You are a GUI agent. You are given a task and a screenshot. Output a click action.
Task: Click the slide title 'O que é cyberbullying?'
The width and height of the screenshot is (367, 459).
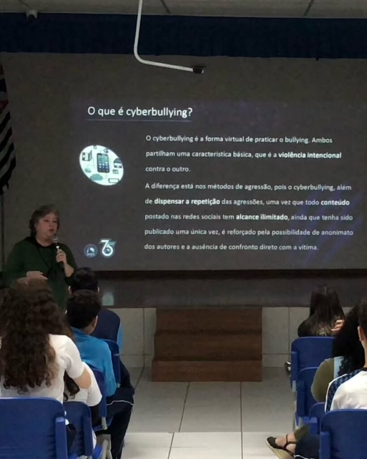pyautogui.click(x=140, y=112)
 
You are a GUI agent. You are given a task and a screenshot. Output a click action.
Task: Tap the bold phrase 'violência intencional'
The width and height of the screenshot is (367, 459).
pyautogui.click(x=310, y=155)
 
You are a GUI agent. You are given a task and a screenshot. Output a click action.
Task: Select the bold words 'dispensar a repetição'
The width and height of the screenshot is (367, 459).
pyautogui.click(x=187, y=202)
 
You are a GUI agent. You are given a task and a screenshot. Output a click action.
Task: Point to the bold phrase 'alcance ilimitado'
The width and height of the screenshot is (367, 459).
pyautogui.click(x=262, y=217)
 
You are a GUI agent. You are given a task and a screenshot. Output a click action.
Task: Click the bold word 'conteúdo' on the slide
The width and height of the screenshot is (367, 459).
pyautogui.click(x=335, y=203)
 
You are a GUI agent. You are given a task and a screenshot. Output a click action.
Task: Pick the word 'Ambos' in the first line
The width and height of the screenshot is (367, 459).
pyautogui.click(x=322, y=140)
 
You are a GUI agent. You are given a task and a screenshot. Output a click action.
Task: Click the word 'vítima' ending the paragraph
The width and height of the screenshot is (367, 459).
pyautogui.click(x=307, y=247)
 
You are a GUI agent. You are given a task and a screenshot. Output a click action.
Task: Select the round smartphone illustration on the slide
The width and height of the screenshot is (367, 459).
pyautogui.click(x=101, y=165)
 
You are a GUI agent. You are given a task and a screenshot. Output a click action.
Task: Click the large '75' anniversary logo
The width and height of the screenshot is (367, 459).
pyautogui.click(x=108, y=248)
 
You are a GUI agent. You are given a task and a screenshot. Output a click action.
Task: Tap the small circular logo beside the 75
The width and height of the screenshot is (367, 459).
pyautogui.click(x=91, y=251)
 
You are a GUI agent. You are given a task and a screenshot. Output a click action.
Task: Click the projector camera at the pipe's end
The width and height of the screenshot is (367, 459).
pyautogui.click(x=199, y=69)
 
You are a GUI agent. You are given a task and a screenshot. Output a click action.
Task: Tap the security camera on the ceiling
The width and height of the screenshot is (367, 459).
pyautogui.click(x=32, y=14)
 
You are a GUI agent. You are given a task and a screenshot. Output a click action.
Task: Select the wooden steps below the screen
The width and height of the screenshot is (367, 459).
pyautogui.click(x=207, y=344)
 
